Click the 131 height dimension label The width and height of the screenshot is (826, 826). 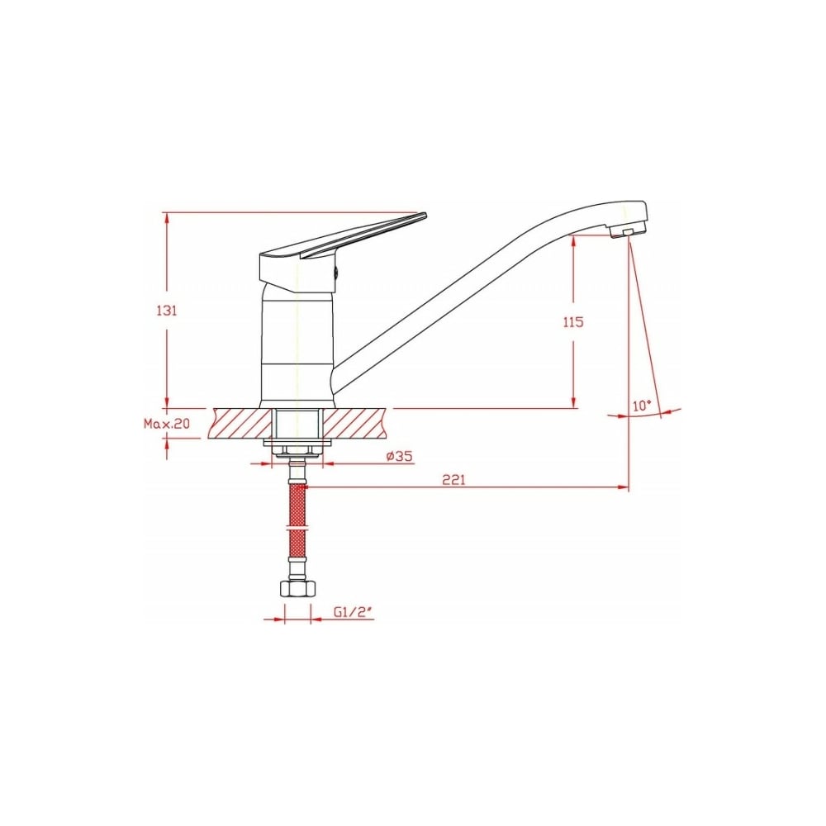pyautogui.click(x=167, y=311)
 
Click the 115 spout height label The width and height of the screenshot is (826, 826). pyautogui.click(x=574, y=321)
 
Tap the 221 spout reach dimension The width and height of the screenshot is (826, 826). pyautogui.click(x=453, y=480)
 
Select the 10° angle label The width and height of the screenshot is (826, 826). pyautogui.click(x=642, y=406)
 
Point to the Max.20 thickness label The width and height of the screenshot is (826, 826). pyautogui.click(x=167, y=424)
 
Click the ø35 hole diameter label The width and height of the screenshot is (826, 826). pyautogui.click(x=399, y=456)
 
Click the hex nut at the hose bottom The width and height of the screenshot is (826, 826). pyautogui.click(x=297, y=588)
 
